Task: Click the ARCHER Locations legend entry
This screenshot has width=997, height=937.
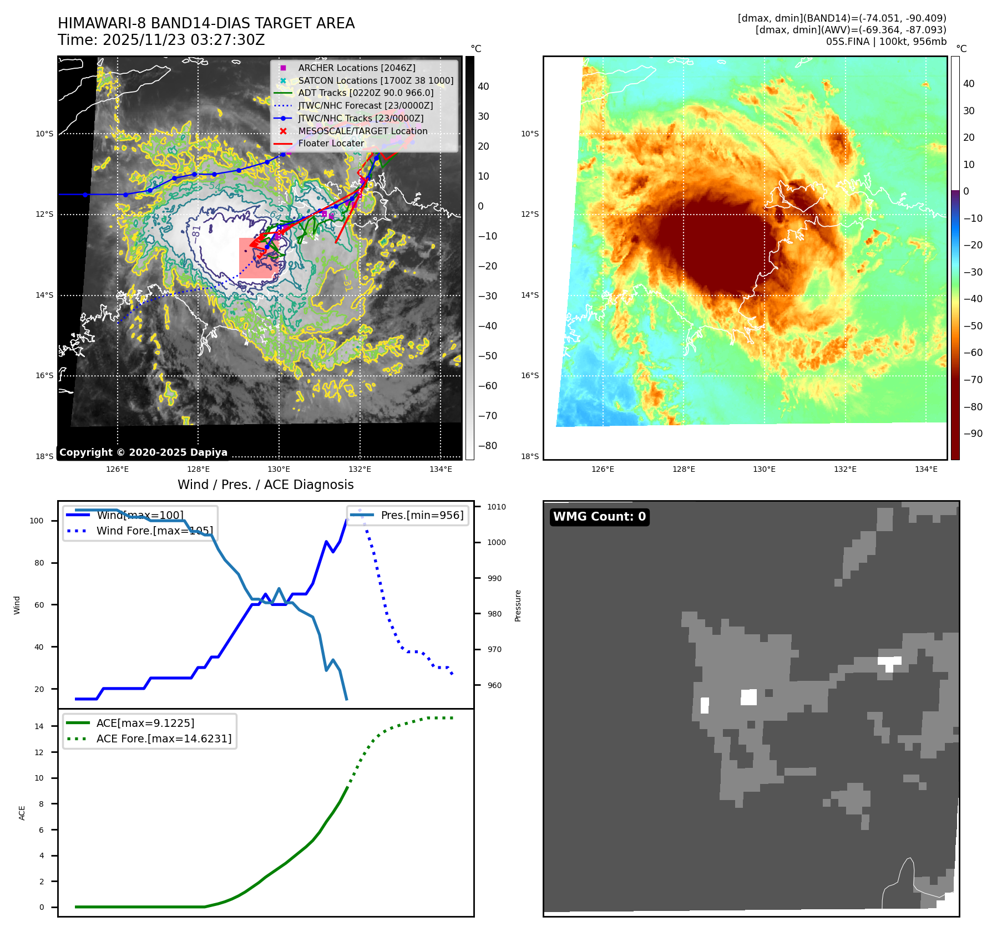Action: pos(356,68)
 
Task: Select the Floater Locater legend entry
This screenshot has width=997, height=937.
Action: pos(331,143)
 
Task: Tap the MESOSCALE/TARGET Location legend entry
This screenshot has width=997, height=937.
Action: pos(362,131)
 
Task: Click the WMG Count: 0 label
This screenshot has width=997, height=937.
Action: pos(599,517)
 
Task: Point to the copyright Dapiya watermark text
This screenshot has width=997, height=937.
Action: pos(143,452)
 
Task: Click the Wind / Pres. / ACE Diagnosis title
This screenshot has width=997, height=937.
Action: pos(265,485)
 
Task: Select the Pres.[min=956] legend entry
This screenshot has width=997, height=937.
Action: pos(422,515)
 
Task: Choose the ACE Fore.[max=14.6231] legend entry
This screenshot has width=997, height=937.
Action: pos(164,739)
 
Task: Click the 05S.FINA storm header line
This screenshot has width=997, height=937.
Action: pos(886,42)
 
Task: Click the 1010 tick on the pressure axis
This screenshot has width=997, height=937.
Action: pos(496,507)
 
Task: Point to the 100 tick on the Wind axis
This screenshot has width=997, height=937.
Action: pos(37,521)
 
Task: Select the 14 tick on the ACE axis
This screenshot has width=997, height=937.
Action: pos(39,726)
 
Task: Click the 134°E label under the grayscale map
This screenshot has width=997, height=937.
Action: pos(441,469)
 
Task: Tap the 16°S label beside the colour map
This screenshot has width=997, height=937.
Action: pos(529,375)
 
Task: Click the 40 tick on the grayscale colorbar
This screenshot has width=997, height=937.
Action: pos(483,86)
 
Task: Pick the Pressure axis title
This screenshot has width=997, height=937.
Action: pos(518,605)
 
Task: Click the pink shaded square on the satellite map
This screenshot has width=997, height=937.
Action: pos(255,258)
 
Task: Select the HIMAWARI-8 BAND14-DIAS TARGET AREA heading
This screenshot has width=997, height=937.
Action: pos(206,23)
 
